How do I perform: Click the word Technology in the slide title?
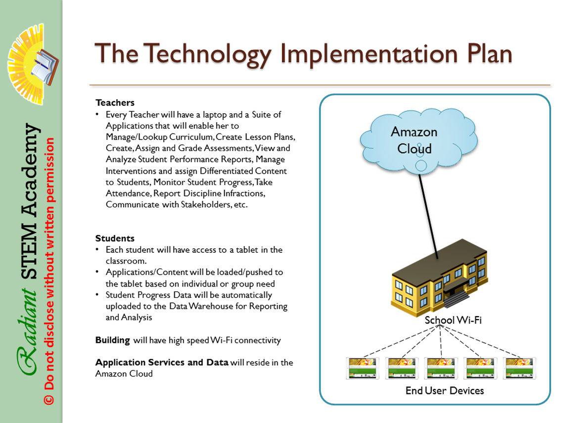point(209,54)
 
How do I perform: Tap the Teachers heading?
point(115,103)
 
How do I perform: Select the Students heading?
point(115,238)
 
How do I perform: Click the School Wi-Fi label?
point(453,320)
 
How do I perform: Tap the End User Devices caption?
point(445,391)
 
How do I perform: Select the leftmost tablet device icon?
point(363,368)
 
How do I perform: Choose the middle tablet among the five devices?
point(441,368)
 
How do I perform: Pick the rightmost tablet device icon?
point(519,368)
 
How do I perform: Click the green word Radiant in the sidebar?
point(27,331)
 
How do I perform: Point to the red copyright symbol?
point(49,400)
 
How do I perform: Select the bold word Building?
point(113,340)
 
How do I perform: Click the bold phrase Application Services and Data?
point(162,363)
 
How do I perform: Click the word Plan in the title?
point(490,54)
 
